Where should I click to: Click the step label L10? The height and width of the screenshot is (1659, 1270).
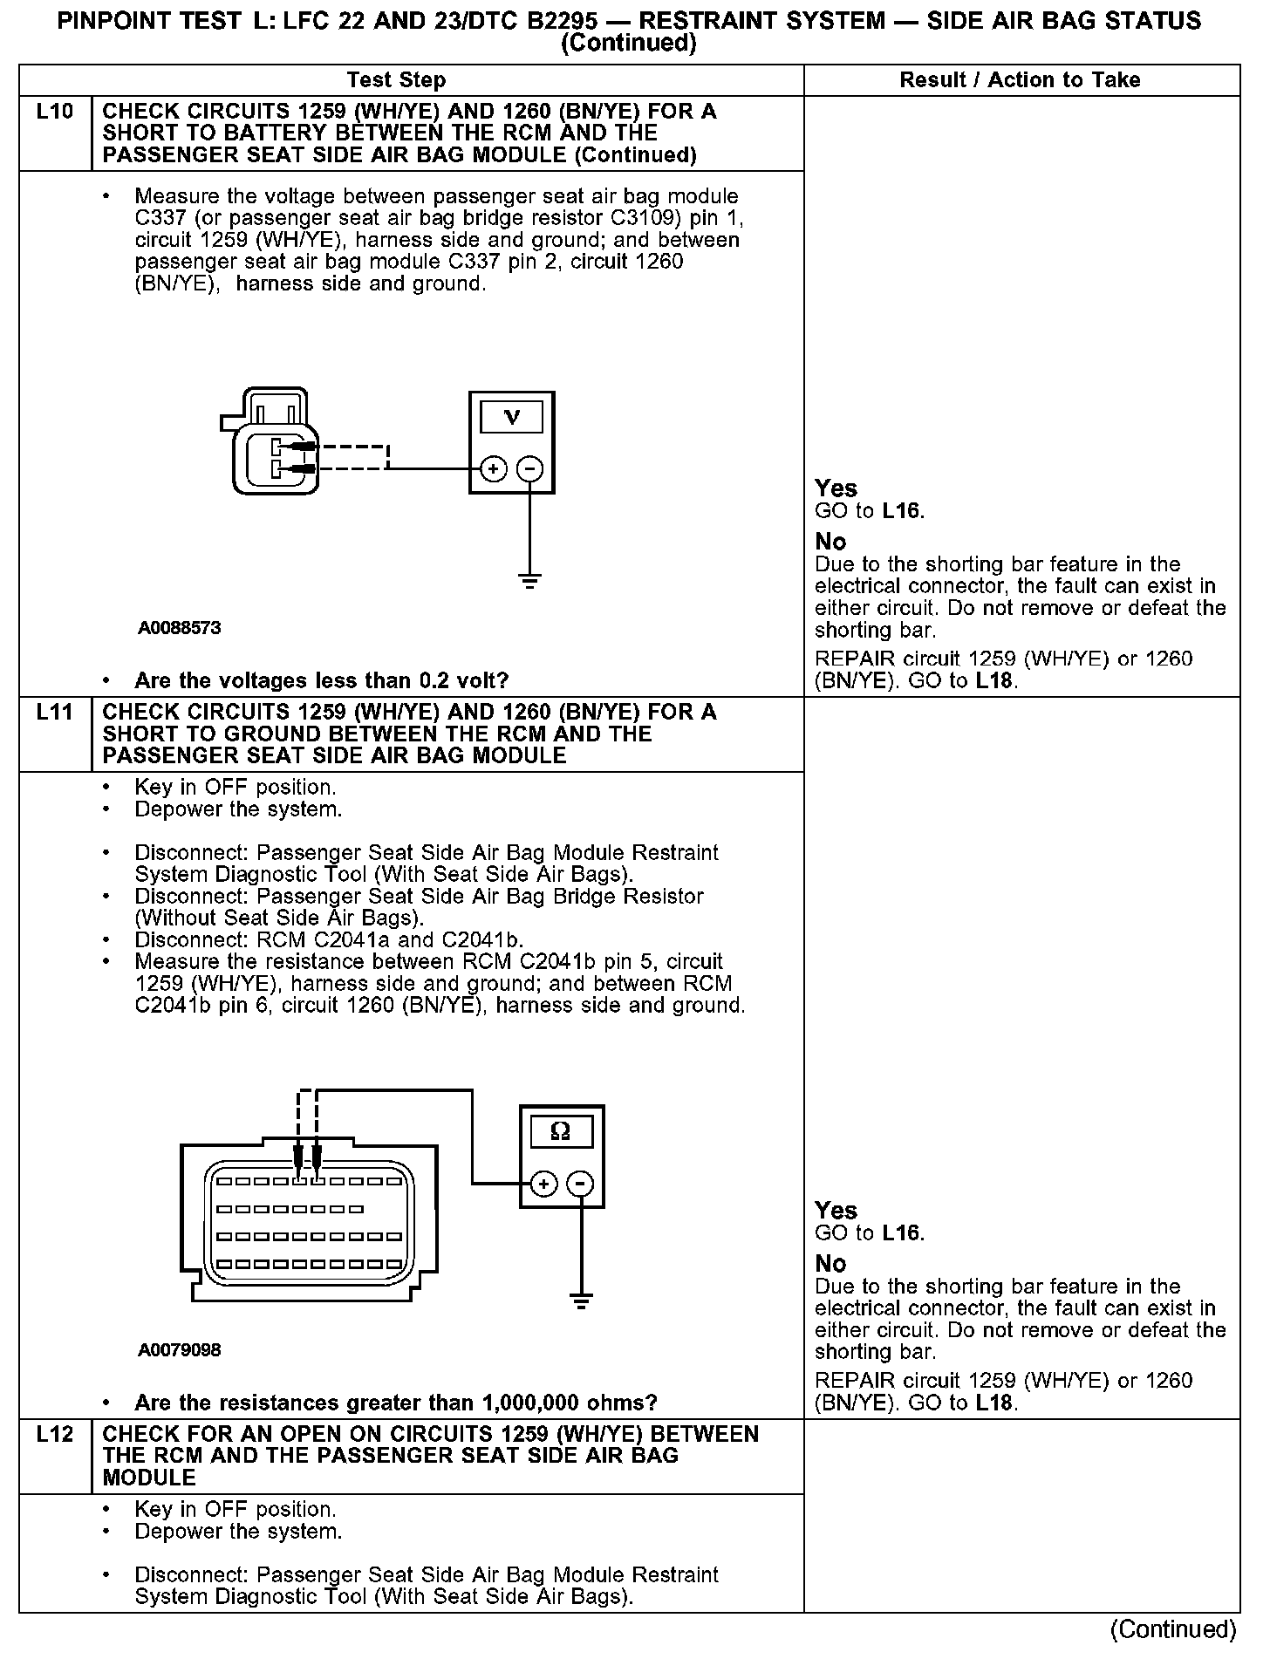55,112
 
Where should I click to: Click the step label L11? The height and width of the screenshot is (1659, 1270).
55,712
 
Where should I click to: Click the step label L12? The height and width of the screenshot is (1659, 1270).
55,1434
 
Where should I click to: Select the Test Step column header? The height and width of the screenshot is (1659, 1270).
396,80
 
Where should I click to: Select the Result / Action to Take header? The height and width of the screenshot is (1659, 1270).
1020,80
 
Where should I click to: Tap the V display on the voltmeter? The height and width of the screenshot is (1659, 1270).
512,418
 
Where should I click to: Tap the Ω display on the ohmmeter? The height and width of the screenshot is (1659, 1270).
562,1132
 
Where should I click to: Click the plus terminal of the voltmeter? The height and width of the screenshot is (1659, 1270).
494,469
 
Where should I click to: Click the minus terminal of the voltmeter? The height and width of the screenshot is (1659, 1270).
529,469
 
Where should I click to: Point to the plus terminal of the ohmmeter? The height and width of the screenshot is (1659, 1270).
544,1184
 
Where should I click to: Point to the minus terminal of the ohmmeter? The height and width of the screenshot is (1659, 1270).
580,1184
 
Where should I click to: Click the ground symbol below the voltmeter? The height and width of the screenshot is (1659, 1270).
529,581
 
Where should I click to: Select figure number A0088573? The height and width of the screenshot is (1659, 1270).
179,628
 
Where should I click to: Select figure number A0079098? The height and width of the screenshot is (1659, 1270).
179,1350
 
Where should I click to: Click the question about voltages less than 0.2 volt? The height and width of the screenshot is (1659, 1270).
321,680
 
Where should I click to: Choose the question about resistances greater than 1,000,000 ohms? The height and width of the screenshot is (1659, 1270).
395,1403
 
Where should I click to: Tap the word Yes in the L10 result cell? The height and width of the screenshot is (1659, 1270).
836,488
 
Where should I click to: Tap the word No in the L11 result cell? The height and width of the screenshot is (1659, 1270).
830,1264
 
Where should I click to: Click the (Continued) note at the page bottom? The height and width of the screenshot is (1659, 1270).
1172,1629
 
